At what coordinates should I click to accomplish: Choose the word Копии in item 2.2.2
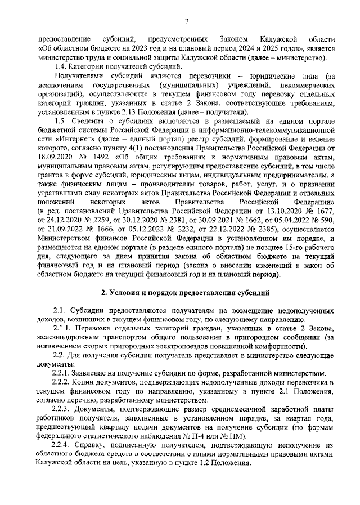88,382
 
